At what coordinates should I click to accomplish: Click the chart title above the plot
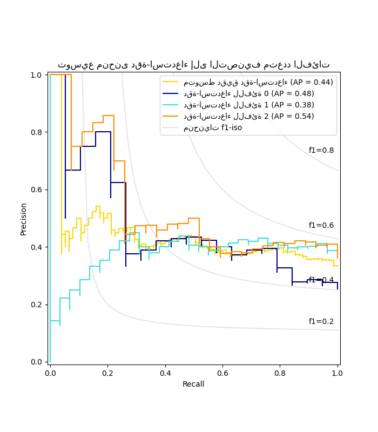tap(194, 65)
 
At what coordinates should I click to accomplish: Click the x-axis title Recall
tap(194, 384)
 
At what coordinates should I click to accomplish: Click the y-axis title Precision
tap(23, 219)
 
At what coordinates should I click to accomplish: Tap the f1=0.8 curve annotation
tap(321, 150)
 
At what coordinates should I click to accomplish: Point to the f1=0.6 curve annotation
tap(321, 225)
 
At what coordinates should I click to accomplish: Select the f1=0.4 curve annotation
tap(321, 280)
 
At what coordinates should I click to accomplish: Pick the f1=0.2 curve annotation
tap(321, 321)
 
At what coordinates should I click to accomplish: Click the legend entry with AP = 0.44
tap(258, 82)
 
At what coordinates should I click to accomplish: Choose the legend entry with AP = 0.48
tap(248, 93)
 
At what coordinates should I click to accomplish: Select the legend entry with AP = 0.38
tap(248, 105)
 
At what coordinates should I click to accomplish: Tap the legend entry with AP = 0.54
tap(248, 116)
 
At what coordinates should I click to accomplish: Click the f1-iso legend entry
tap(213, 127)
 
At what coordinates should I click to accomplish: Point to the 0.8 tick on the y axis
tap(36, 132)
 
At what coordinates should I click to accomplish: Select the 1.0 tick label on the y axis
tap(36, 75)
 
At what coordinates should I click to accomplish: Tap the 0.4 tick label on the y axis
tap(36, 247)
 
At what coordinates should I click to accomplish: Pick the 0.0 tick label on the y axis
tap(36, 362)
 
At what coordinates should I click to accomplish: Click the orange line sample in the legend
tap(171, 116)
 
